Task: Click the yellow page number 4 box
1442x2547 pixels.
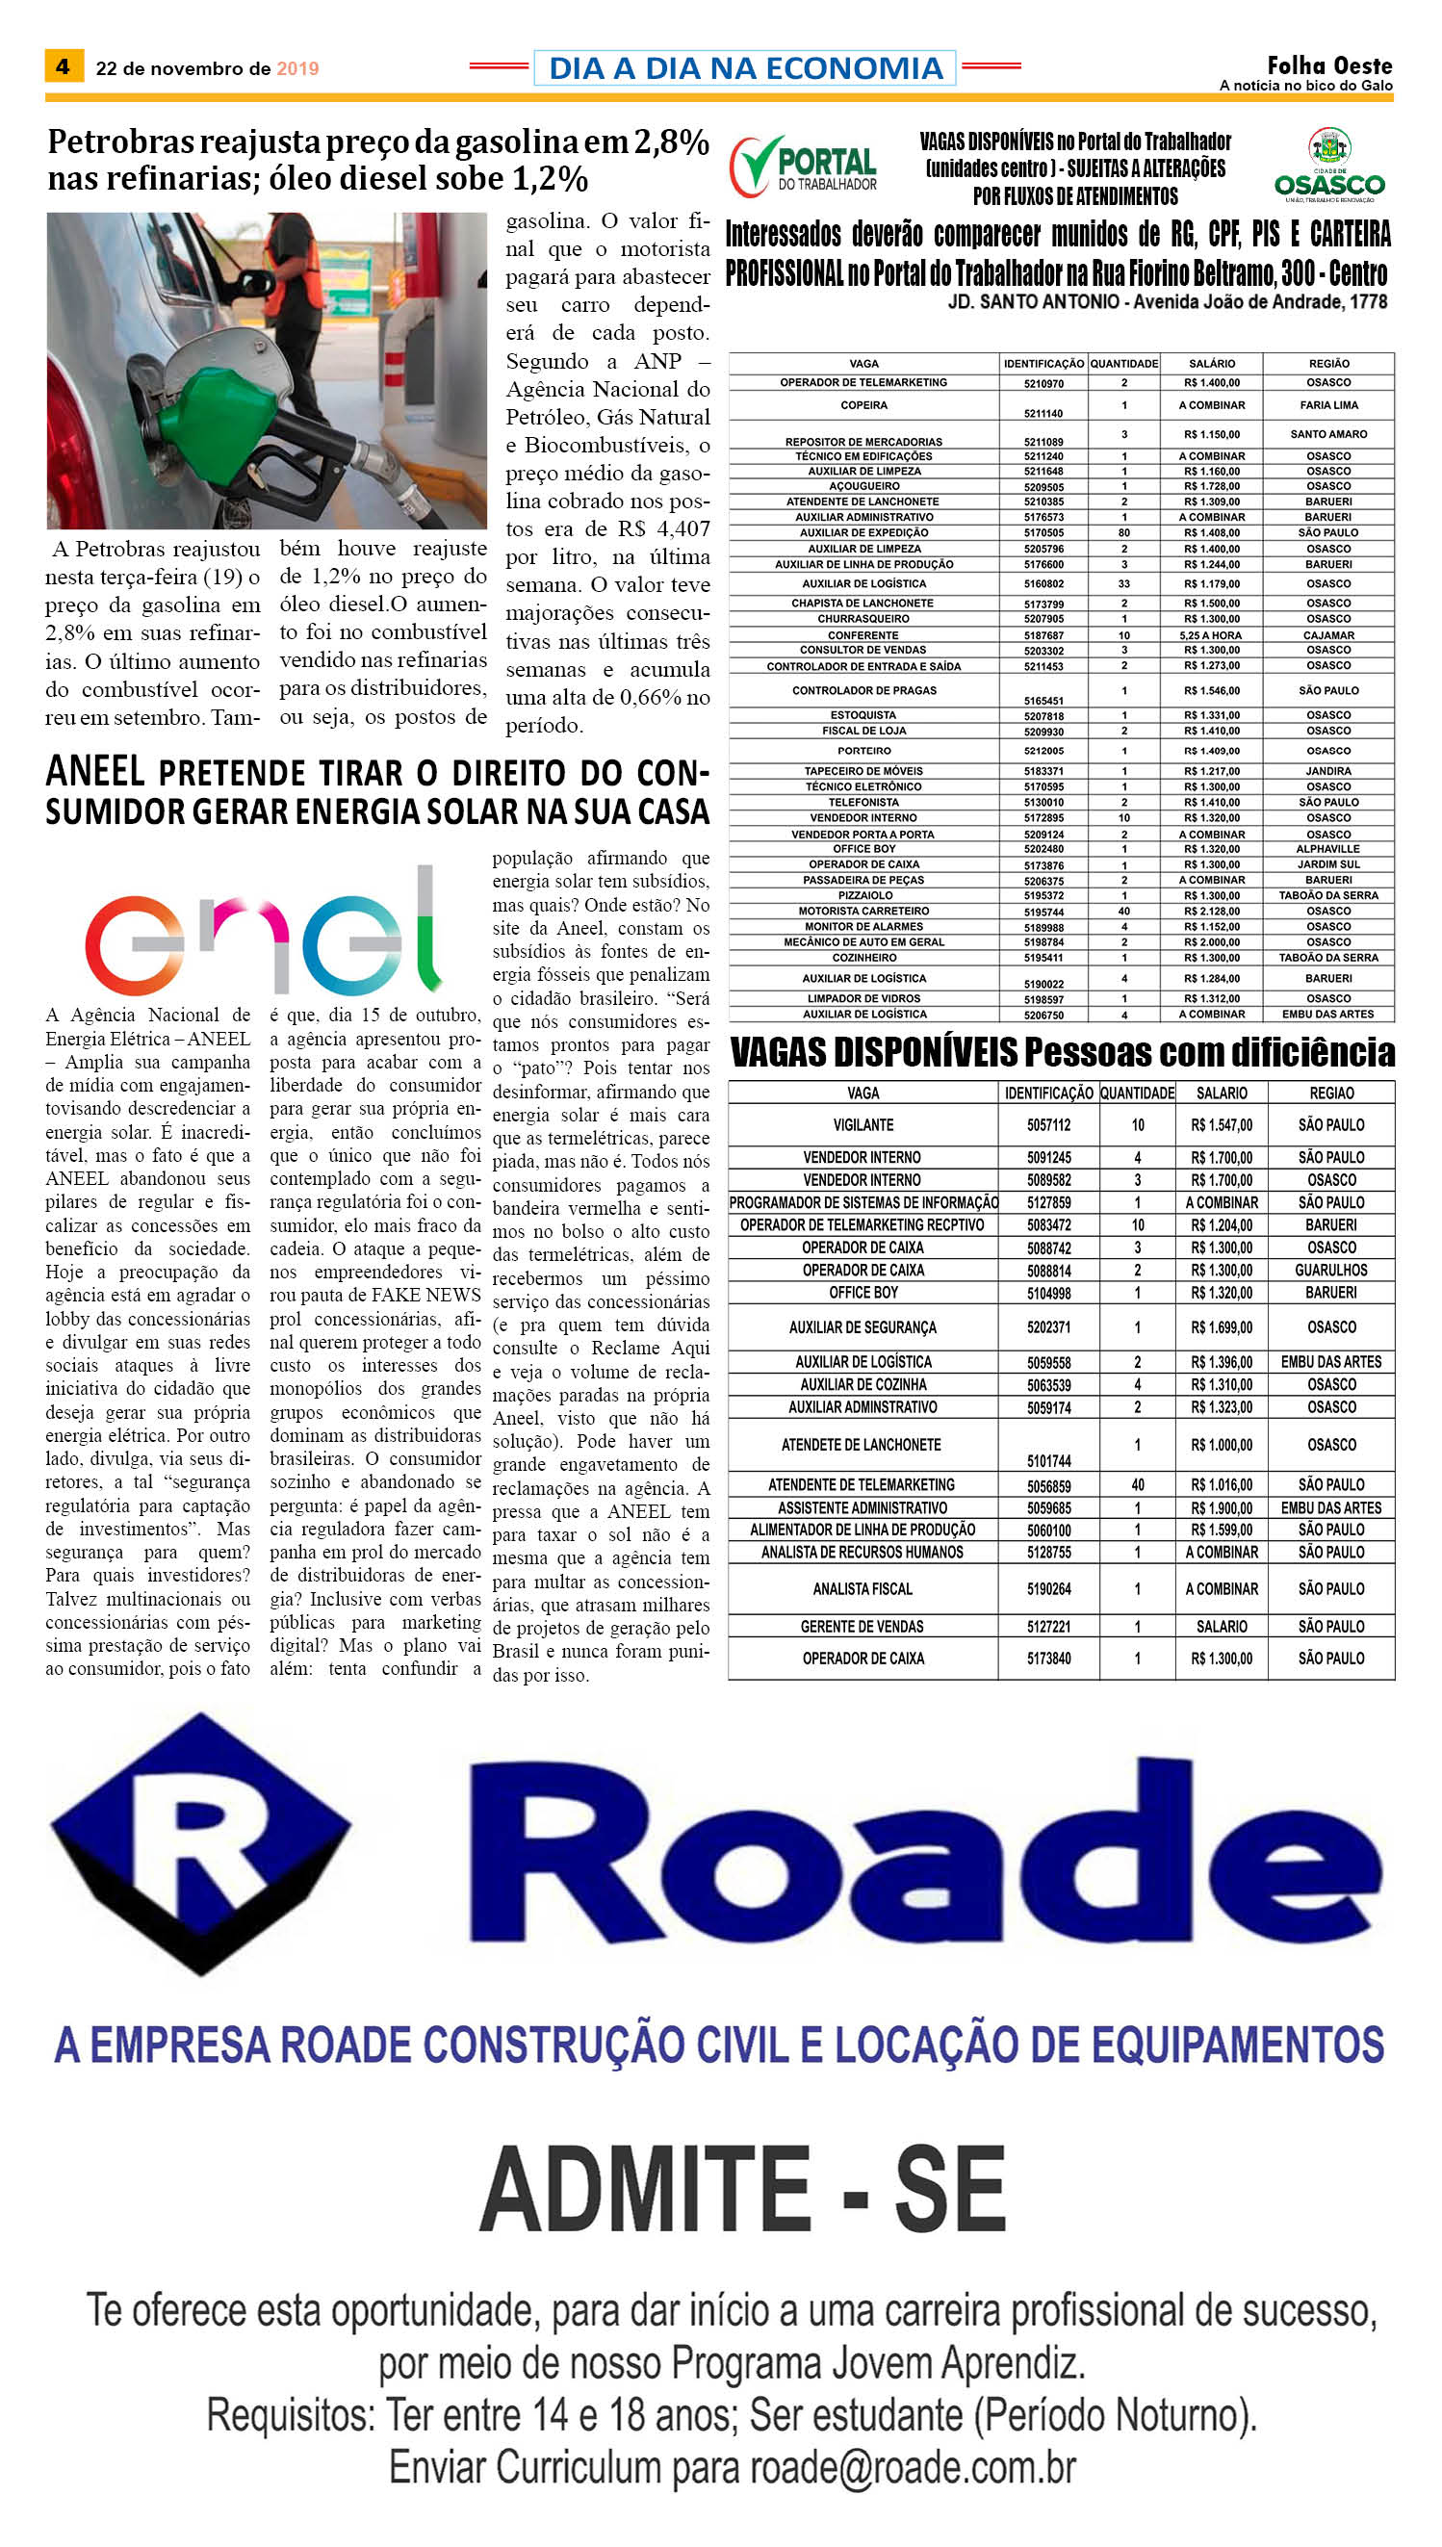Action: (64, 66)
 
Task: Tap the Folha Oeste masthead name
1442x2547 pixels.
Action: (1329, 65)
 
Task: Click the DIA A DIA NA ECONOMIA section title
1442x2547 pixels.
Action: (745, 68)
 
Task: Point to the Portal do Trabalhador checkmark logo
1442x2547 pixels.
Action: (803, 167)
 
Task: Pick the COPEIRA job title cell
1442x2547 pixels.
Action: (863, 405)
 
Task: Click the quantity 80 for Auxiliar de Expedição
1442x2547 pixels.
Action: (1124, 532)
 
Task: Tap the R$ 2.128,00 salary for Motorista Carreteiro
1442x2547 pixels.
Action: (1211, 911)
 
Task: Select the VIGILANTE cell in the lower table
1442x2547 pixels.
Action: (863, 1125)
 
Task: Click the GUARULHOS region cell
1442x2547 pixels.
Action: (1331, 1271)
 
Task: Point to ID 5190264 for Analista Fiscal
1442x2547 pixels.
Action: (1049, 1588)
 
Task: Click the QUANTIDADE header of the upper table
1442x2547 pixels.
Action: (1124, 364)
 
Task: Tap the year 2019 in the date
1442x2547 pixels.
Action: (297, 68)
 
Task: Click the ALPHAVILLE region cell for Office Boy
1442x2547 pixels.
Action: (1328, 849)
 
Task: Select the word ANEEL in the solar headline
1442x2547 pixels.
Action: (96, 771)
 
